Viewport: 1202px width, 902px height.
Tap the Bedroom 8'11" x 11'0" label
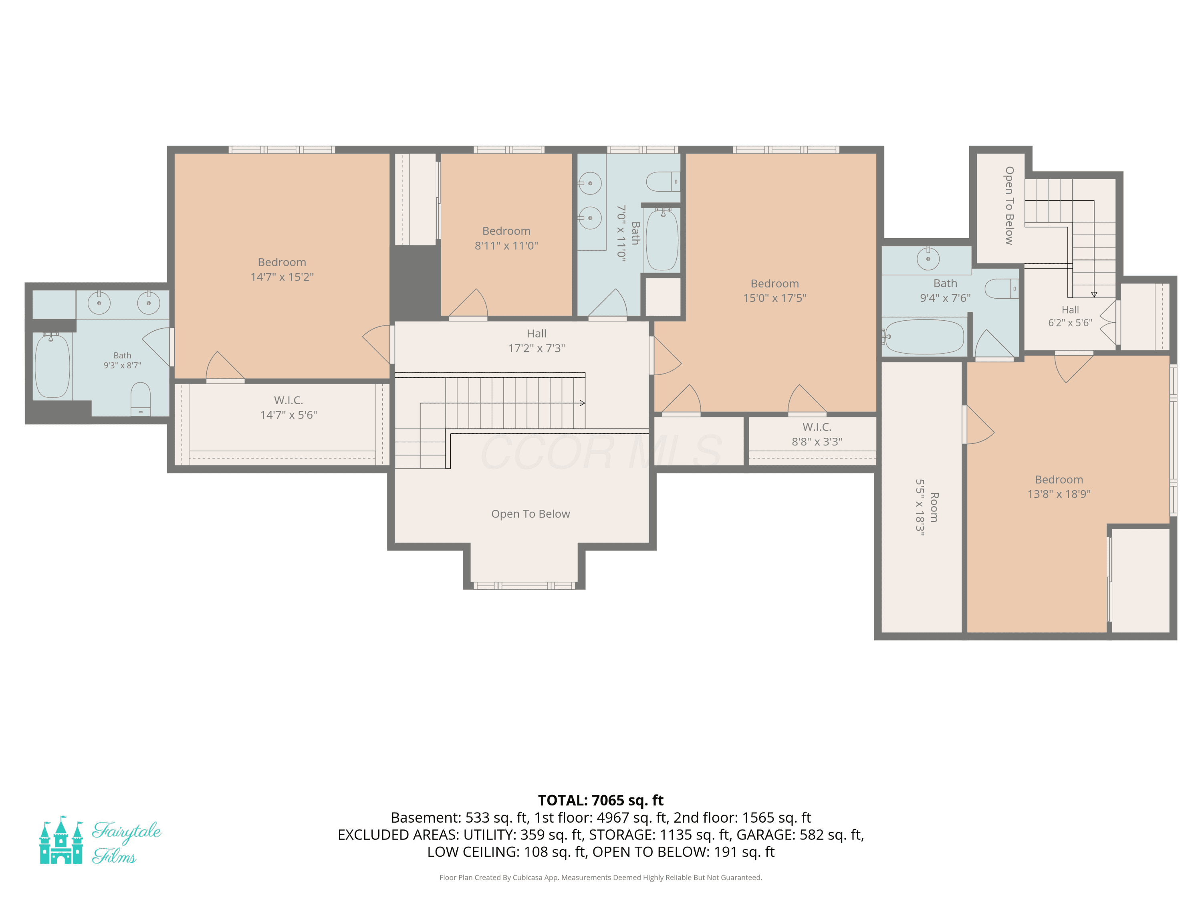point(506,238)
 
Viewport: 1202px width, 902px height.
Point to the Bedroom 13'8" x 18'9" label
point(1059,487)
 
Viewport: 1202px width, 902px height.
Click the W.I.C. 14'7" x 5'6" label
point(288,408)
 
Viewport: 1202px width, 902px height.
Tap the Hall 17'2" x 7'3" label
point(537,341)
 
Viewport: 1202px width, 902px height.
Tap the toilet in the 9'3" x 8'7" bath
point(141,399)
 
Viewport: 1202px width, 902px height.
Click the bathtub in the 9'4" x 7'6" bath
point(923,337)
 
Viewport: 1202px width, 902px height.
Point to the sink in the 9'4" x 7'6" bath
point(928,259)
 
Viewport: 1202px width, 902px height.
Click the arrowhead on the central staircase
point(582,403)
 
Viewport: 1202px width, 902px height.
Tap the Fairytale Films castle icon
point(61,840)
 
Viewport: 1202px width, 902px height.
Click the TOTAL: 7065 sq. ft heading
point(601,800)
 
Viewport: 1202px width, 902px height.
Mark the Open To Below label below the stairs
point(531,514)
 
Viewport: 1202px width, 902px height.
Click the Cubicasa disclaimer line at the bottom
point(601,878)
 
